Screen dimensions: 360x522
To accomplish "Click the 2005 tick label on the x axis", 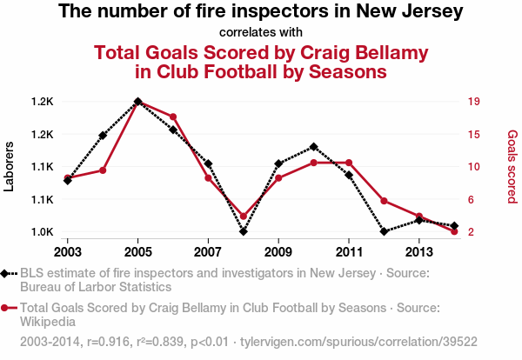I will tap(138, 252).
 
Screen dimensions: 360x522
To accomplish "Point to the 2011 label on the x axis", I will tap(348, 252).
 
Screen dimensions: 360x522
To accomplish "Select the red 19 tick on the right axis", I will tap(473, 102).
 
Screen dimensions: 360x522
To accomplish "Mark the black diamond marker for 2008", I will tap(244, 231).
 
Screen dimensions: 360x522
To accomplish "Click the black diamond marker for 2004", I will tap(103, 136).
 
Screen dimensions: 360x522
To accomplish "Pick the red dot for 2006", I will tap(173, 117).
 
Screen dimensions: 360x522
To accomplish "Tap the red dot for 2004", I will tap(103, 170).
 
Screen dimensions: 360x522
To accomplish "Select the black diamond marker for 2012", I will tap(384, 232).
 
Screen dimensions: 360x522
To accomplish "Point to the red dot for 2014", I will tap(454, 231).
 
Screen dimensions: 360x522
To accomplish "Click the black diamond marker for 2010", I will tap(313, 147).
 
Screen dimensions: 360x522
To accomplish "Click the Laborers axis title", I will tap(10, 167).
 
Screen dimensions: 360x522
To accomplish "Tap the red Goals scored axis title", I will tap(512, 167).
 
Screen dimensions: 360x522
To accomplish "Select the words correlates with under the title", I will tap(261, 33).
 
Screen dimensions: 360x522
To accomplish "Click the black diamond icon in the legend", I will tap(6, 273).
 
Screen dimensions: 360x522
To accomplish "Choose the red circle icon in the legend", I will tap(6, 307).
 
